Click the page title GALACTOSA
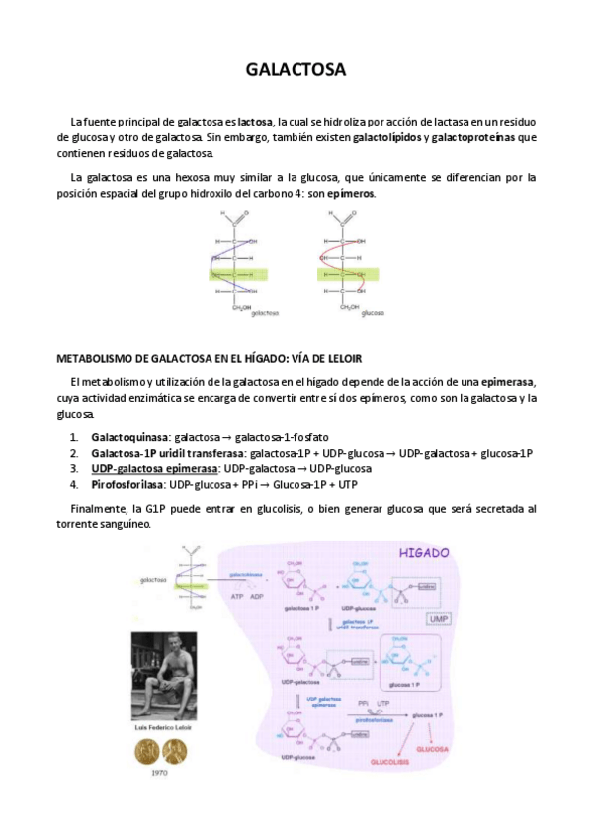tap(296, 70)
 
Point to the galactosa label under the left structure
tap(265, 313)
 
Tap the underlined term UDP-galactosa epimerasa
tap(155, 468)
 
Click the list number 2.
tap(74, 453)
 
